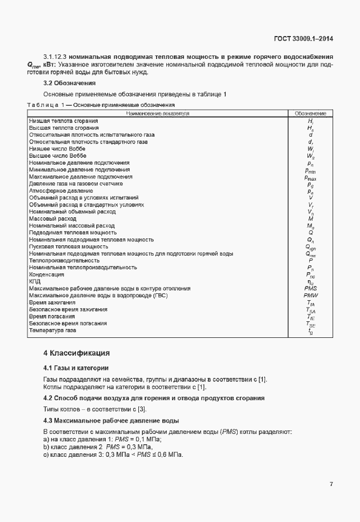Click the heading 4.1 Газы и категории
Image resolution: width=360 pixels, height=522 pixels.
pos(76,367)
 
